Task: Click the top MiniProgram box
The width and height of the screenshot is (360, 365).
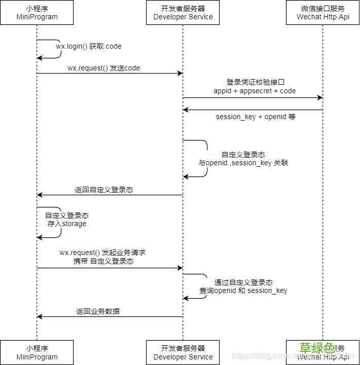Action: point(37,13)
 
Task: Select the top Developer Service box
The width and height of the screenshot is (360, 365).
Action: point(183,13)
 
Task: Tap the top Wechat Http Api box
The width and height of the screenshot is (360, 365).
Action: point(322,13)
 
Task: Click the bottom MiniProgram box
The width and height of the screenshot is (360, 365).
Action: point(37,352)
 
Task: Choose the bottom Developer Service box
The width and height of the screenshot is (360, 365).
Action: point(183,352)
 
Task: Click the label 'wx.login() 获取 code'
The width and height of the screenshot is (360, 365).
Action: point(89,46)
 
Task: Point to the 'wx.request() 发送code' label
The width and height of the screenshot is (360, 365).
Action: point(103,68)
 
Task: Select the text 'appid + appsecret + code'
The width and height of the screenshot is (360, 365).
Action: point(255,91)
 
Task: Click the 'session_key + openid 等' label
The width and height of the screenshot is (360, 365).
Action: point(256,117)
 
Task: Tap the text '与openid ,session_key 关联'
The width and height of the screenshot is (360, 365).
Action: point(243,163)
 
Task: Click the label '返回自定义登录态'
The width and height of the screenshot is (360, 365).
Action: point(104,190)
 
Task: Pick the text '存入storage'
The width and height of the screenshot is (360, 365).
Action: point(67,224)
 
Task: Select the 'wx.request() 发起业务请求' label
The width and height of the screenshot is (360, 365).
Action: point(103,252)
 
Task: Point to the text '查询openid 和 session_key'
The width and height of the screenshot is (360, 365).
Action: point(243,290)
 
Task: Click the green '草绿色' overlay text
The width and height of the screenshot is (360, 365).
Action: point(316,348)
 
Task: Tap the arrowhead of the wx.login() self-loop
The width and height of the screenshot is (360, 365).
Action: point(40,58)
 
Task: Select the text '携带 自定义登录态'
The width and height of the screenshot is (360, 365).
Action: point(103,261)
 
